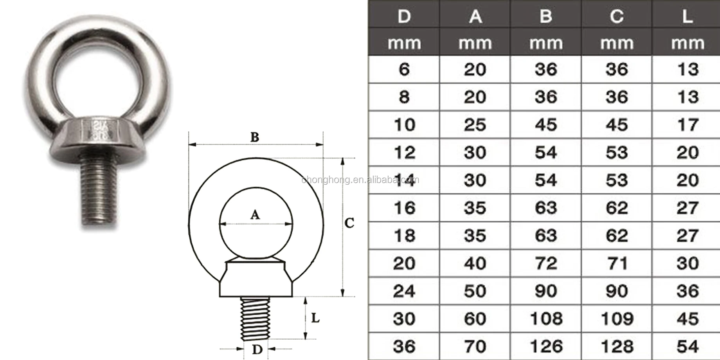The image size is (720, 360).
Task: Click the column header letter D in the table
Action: pyautogui.click(x=404, y=16)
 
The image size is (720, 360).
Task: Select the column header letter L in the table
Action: pyautogui.click(x=688, y=16)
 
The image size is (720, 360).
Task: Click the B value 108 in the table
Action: pyautogui.click(x=546, y=319)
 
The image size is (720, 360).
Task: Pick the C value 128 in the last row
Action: pyautogui.click(x=617, y=346)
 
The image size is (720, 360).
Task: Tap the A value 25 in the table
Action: pyautogui.click(x=475, y=124)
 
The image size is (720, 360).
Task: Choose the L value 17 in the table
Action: pyautogui.click(x=688, y=124)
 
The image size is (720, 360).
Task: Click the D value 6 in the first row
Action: pyautogui.click(x=404, y=69)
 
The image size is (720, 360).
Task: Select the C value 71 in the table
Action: pyautogui.click(x=617, y=263)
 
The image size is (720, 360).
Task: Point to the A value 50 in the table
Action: pyautogui.click(x=475, y=291)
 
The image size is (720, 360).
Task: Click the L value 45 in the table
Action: pyautogui.click(x=688, y=319)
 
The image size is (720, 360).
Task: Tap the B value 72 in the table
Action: pyautogui.click(x=546, y=263)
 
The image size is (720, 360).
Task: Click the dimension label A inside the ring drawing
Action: pyautogui.click(x=255, y=214)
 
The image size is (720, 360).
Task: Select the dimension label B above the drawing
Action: pyautogui.click(x=255, y=137)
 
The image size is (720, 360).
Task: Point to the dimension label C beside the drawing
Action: pyautogui.click(x=349, y=223)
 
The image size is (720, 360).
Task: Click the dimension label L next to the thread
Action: pyautogui.click(x=315, y=318)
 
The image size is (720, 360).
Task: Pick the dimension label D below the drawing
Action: pyautogui.click(x=257, y=349)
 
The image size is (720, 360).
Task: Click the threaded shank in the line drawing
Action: pyautogui.click(x=255, y=318)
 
